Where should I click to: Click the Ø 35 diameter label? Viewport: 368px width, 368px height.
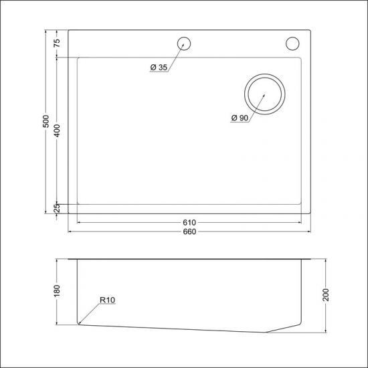coord(159,67)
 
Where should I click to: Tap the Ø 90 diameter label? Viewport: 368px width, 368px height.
coord(240,118)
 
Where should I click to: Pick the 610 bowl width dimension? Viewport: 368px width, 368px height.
coord(189,223)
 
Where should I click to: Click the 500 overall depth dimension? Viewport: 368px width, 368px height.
coord(45,121)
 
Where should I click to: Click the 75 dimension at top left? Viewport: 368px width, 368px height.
coord(57,42)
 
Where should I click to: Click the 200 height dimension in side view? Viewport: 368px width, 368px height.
coord(325,294)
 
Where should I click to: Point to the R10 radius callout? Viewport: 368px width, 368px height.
coord(108,301)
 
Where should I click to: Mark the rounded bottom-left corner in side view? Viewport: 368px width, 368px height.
coord(79,324)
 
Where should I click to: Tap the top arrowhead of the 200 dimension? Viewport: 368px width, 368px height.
coord(325,258)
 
